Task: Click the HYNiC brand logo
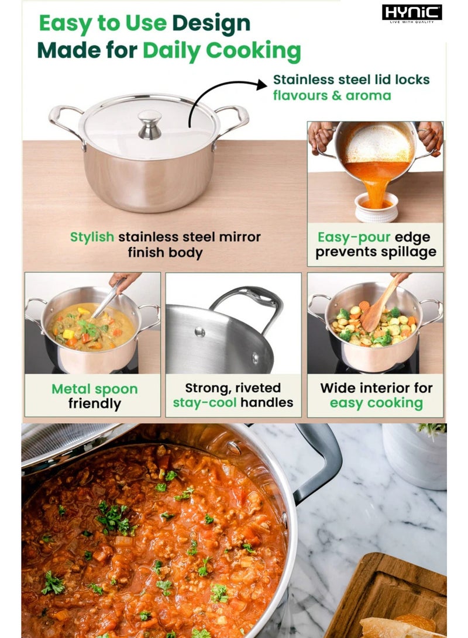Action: click(x=412, y=13)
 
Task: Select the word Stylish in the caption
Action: click(x=92, y=237)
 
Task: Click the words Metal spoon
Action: click(x=94, y=389)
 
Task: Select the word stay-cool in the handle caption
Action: click(x=205, y=403)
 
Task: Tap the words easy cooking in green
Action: click(x=376, y=404)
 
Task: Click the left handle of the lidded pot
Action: click(x=66, y=123)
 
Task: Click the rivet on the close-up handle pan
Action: click(x=200, y=332)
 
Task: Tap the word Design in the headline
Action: click(x=211, y=23)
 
